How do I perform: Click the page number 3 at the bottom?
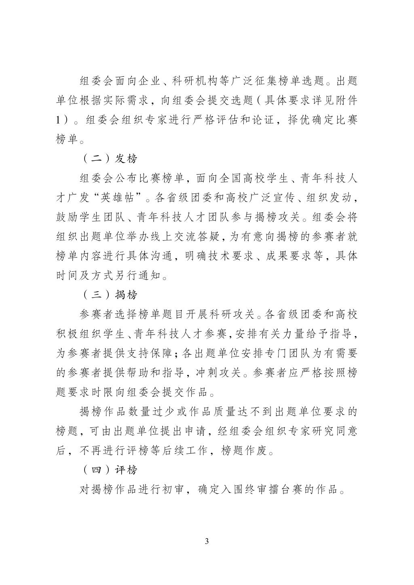click(x=207, y=541)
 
